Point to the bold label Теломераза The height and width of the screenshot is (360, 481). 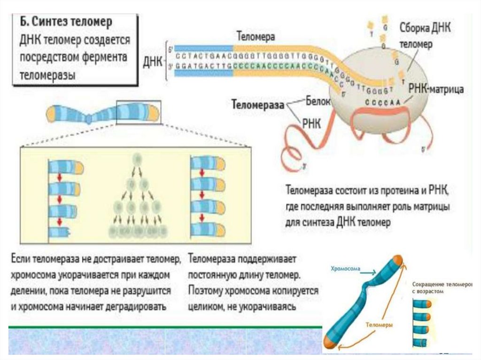(258, 105)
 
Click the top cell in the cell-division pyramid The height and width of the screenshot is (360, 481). (137, 159)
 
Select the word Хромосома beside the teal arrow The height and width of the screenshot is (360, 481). (344, 269)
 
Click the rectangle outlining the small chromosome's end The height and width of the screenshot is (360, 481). (139, 112)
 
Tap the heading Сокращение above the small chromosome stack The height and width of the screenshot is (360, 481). (429, 284)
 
